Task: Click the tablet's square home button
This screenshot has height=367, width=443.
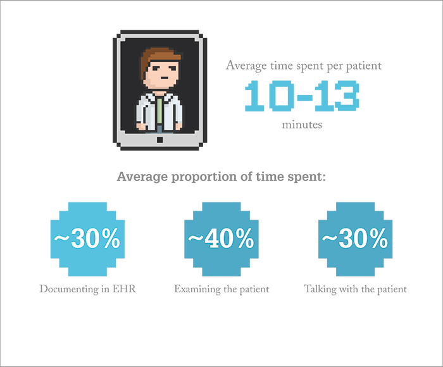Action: click(x=159, y=140)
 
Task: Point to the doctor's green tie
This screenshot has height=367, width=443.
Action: click(x=159, y=111)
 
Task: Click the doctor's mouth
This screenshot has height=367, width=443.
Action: click(x=164, y=78)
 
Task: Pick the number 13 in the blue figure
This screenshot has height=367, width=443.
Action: click(x=337, y=96)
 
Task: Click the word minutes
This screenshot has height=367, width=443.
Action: click(x=302, y=125)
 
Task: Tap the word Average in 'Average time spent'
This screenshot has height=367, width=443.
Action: click(x=246, y=66)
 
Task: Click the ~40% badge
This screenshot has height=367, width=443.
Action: click(x=221, y=239)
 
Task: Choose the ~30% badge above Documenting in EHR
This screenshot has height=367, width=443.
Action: click(x=87, y=239)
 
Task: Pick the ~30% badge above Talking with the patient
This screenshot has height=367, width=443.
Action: click(x=355, y=239)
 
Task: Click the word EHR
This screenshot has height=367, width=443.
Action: click(x=124, y=289)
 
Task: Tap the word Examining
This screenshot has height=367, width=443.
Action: click(x=197, y=289)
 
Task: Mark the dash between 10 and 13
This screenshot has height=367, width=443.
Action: click(x=304, y=97)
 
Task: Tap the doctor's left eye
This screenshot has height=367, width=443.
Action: click(x=157, y=68)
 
